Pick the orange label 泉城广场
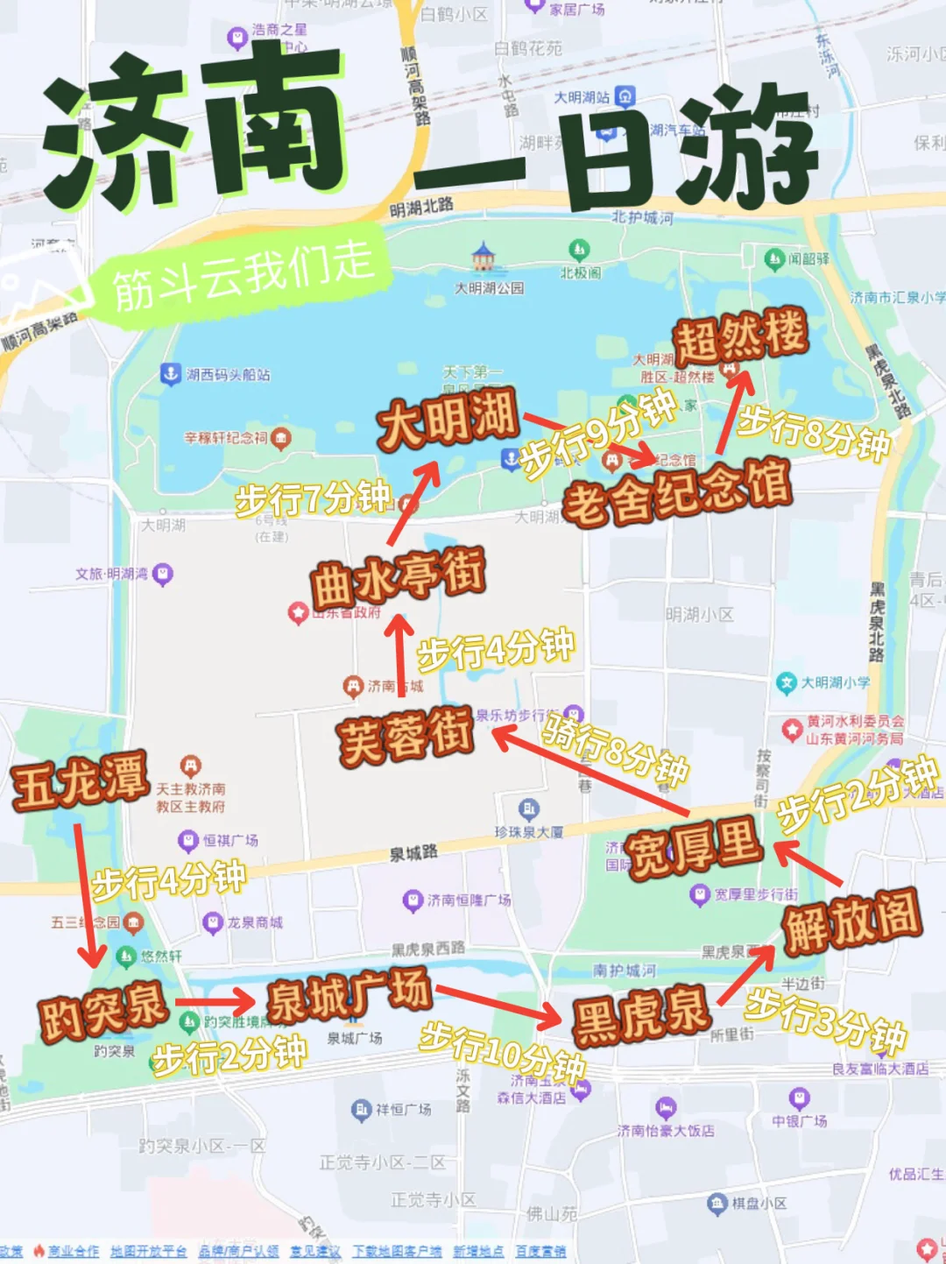coord(349,995)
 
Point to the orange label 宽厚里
coord(694,848)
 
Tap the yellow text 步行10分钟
coord(502,1050)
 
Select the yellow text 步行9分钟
coord(598,434)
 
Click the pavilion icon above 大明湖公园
coord(483,258)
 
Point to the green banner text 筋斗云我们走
coord(243,275)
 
